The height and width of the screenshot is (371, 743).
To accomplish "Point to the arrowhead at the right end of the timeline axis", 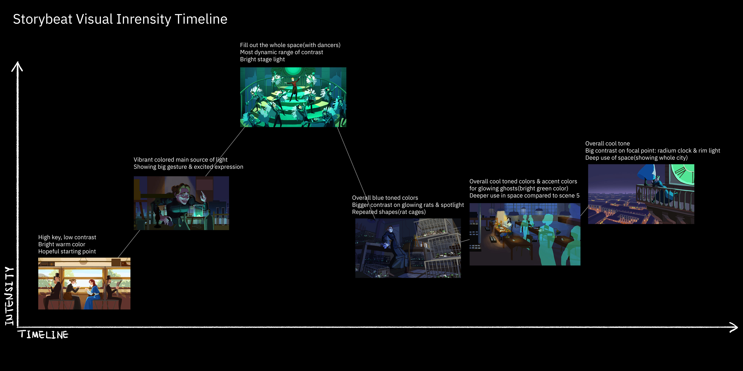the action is [734, 327].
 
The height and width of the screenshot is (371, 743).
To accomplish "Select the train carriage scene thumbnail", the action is [84, 283].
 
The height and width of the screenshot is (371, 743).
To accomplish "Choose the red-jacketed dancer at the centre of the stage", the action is [294, 88].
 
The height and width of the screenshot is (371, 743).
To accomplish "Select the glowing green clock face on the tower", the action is [682, 174].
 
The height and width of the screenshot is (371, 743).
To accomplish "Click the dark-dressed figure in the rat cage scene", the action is [392, 246].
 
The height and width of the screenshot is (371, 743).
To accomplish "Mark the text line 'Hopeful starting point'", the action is [67, 251].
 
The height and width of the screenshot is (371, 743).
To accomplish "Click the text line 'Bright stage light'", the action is [262, 59].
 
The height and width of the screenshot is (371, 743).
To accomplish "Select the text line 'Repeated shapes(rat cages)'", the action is [389, 212].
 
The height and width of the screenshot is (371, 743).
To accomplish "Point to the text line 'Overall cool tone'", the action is [607, 143].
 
